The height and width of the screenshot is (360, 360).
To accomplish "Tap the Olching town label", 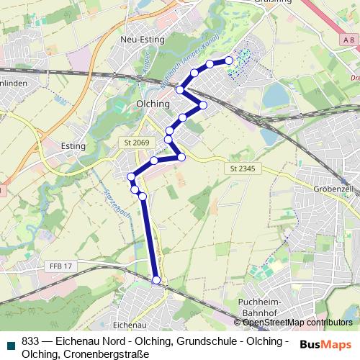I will [x=153, y=104].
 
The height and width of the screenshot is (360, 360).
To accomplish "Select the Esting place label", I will [x=73, y=146].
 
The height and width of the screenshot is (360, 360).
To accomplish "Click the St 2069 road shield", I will [x=135, y=143].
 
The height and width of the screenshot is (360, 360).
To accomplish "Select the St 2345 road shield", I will [x=242, y=168].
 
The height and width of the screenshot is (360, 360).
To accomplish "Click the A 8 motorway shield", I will [x=348, y=40].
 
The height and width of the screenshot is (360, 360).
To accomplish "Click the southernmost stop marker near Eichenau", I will [x=157, y=280].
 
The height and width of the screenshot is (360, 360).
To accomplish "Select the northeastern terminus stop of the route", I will [x=229, y=60].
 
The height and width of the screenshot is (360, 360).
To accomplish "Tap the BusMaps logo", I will [x=325, y=344].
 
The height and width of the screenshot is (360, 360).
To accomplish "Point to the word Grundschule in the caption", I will [x=180, y=341].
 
